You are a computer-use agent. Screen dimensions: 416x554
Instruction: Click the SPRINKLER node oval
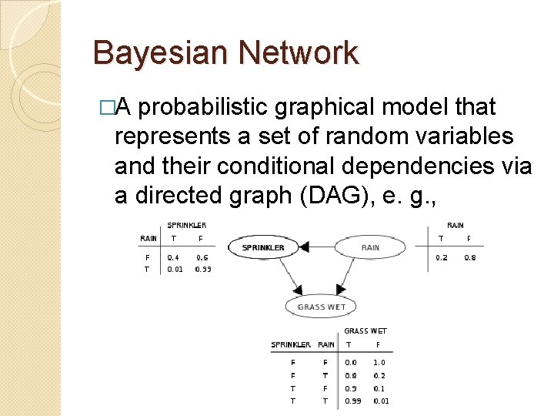(x=263, y=247)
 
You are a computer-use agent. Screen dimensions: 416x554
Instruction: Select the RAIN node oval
(x=370, y=247)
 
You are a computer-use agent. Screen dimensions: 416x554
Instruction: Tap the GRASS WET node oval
(x=322, y=307)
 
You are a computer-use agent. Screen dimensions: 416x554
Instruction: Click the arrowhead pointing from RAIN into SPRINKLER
(x=304, y=247)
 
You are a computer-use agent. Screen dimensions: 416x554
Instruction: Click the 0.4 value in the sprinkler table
(x=174, y=257)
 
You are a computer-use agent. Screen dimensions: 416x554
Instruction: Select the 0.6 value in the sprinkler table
(x=202, y=257)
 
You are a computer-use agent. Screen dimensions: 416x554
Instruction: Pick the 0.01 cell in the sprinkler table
(x=175, y=269)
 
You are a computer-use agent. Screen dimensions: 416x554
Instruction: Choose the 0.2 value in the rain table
(x=441, y=257)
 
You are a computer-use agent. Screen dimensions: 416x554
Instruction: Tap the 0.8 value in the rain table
(x=469, y=257)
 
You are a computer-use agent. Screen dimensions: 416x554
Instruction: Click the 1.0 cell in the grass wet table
(x=379, y=362)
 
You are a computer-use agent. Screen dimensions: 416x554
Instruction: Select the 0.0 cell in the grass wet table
(x=351, y=362)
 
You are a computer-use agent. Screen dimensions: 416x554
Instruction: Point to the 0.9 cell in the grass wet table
(x=351, y=388)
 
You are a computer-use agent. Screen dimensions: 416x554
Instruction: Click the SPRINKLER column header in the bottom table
(x=291, y=344)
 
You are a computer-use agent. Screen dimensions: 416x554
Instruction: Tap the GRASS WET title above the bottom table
(x=365, y=331)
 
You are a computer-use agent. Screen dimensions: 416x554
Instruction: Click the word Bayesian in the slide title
(x=150, y=53)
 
